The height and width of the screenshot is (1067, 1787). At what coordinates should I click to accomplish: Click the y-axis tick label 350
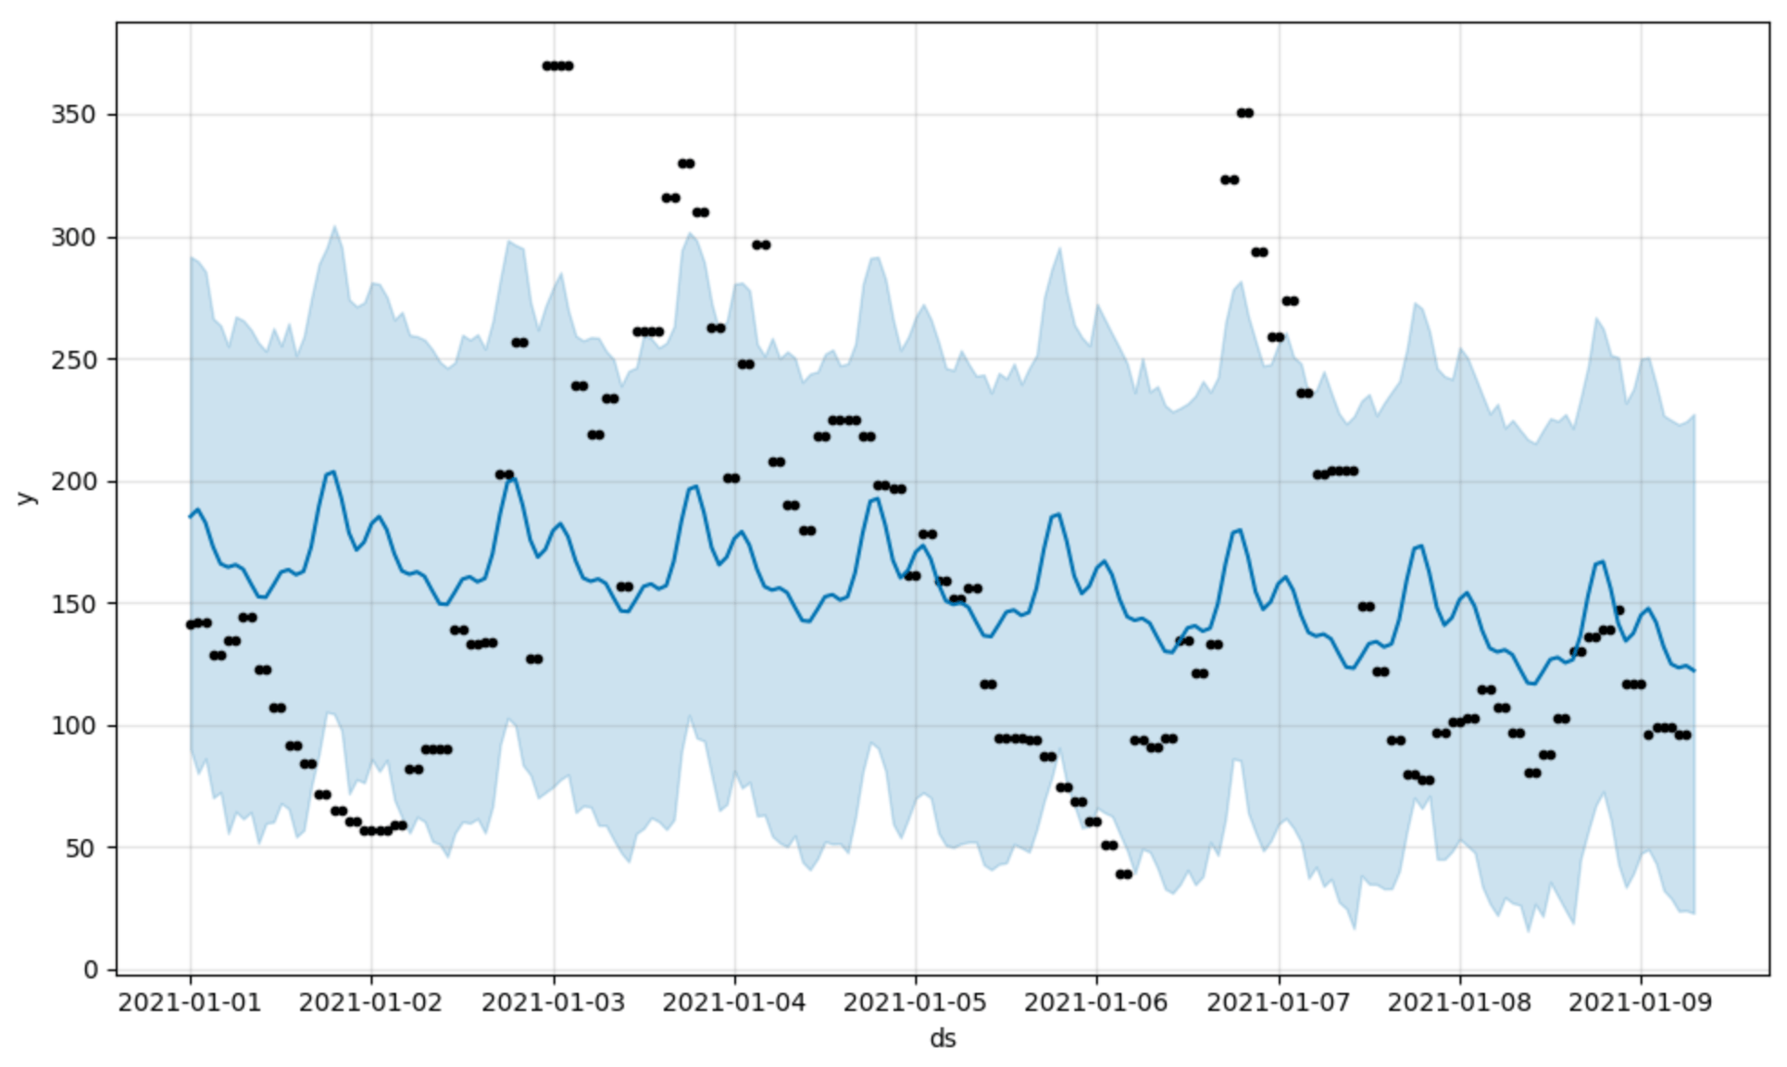tap(73, 115)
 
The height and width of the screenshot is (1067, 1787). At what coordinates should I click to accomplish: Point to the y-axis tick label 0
tap(90, 970)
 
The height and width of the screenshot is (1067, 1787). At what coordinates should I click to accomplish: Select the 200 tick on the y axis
tap(73, 482)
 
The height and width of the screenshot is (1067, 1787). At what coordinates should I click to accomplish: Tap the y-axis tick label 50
tap(80, 847)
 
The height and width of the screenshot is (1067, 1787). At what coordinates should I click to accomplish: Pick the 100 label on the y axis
tap(73, 725)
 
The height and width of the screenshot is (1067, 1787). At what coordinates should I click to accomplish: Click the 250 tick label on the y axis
tap(73, 359)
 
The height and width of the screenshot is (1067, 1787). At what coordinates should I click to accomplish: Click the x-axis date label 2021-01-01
tap(190, 1002)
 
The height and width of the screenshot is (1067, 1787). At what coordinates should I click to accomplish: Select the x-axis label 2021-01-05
tap(915, 1002)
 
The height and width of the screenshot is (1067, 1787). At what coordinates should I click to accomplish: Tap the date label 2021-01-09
tap(1640, 1002)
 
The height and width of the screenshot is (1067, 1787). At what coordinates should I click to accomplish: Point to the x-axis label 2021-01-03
tap(554, 1002)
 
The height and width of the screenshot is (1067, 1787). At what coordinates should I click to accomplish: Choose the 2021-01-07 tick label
tap(1279, 1002)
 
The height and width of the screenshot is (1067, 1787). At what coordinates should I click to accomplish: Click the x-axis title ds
tap(943, 1038)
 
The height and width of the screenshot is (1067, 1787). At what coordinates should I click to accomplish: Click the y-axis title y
tap(26, 497)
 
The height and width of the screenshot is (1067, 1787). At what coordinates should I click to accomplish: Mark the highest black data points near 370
tap(557, 66)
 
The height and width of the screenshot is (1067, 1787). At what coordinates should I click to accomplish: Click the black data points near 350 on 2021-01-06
tap(1244, 113)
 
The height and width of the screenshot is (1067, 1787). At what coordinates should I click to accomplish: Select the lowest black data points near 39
tap(1123, 874)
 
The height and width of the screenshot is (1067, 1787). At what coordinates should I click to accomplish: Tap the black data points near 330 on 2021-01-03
tap(685, 164)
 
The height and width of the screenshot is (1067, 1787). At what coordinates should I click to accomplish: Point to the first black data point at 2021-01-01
tap(191, 624)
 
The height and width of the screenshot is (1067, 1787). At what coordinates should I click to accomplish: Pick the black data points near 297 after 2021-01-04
tap(761, 245)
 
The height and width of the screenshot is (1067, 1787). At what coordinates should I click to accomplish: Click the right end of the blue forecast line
tap(1693, 671)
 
